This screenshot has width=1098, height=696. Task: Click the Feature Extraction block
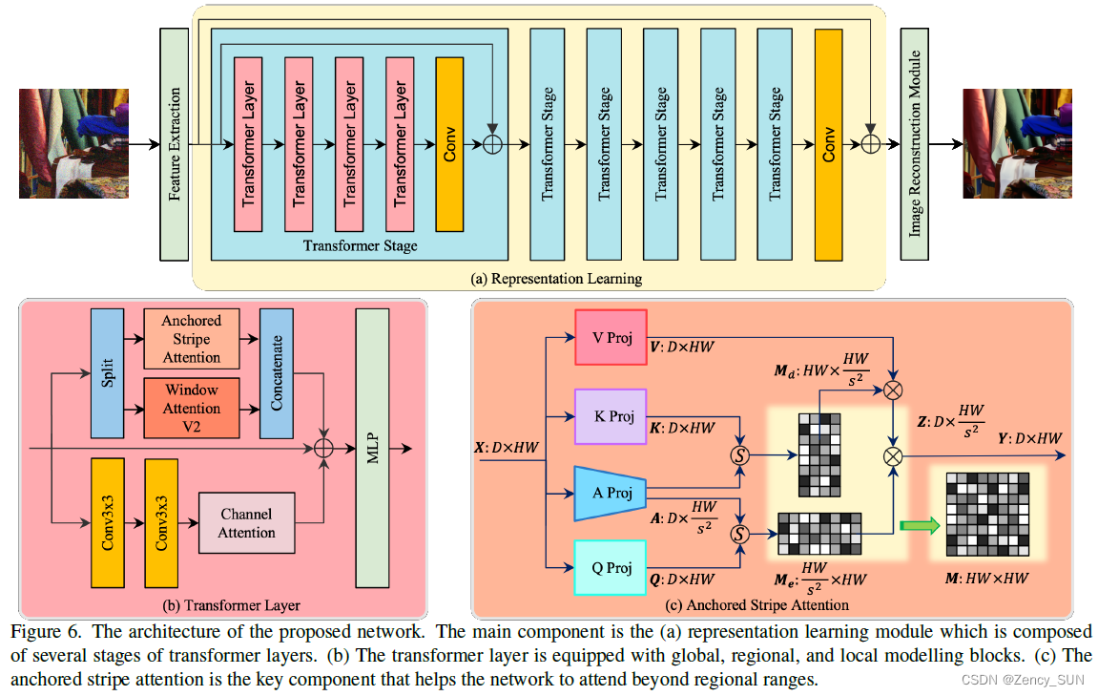pos(174,144)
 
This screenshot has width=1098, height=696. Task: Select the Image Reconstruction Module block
pos(915,144)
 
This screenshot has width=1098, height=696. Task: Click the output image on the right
pos(1018,143)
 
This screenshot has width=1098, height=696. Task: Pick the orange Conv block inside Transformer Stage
pos(449,144)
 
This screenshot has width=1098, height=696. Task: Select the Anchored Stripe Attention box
pos(191,339)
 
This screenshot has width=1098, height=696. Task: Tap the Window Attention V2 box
pos(191,407)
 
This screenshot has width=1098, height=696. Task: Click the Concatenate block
pos(276,372)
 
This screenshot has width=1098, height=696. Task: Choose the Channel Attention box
pos(246,523)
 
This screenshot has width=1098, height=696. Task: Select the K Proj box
pos(611,416)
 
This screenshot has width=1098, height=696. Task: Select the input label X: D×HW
pos(508,447)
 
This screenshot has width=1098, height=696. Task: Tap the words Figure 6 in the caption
pos(39,632)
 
